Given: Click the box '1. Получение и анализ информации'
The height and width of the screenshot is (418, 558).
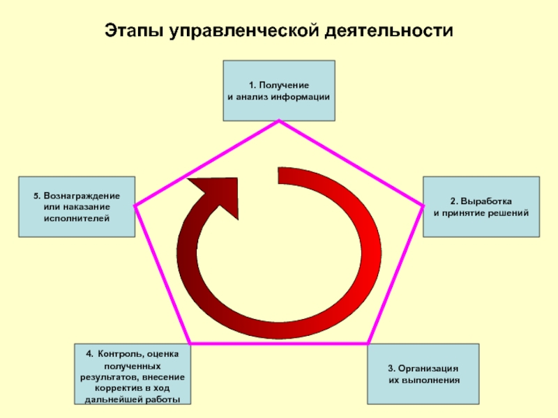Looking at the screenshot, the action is point(279,91).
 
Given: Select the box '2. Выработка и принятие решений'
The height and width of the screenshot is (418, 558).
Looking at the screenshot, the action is point(481,206).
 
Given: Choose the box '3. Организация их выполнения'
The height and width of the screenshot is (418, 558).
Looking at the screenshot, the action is point(423,374).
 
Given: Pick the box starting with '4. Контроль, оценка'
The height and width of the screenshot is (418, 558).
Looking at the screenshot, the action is point(133,374).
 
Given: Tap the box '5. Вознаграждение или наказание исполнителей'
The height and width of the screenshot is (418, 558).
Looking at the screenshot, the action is point(77,206).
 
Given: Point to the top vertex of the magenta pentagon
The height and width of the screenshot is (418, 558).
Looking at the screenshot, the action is point(279,121).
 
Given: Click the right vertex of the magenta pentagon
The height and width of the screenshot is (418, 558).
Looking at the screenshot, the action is point(423,206).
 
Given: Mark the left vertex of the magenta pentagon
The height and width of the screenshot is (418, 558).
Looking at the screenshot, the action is point(135,206).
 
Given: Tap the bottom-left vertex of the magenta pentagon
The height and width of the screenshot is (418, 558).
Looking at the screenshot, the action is point(190,343).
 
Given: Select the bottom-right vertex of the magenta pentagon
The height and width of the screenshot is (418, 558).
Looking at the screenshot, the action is point(368,343).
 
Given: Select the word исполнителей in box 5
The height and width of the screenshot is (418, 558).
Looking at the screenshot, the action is point(77,218).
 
